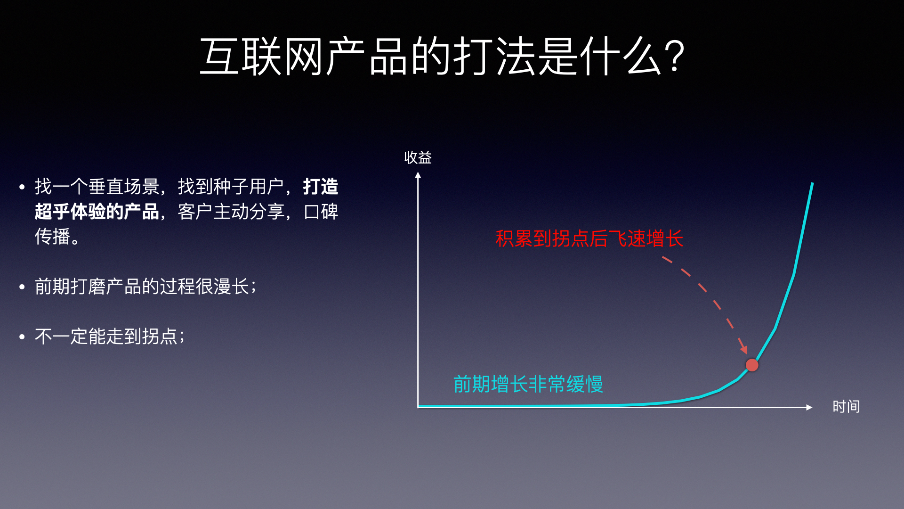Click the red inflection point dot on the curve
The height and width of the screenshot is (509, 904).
tap(752, 365)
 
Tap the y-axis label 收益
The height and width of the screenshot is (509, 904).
tap(418, 157)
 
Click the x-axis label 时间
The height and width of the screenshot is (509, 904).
tap(846, 406)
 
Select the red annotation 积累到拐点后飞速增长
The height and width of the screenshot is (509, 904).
tap(589, 238)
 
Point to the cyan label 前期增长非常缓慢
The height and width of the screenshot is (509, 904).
tap(528, 384)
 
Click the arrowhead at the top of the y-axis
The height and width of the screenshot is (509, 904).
tap(418, 175)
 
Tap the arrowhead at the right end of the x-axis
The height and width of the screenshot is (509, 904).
tap(809, 407)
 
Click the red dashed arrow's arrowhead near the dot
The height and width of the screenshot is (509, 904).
tap(744, 350)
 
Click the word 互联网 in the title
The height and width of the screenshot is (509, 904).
tap(262, 57)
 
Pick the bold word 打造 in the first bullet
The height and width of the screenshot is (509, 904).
tap(321, 187)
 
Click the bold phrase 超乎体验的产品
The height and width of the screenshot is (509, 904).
tap(97, 212)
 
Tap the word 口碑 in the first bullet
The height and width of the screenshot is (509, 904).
tap(321, 212)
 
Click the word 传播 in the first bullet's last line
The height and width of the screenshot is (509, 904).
tap(52, 237)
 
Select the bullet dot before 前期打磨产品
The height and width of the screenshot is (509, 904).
tap(22, 287)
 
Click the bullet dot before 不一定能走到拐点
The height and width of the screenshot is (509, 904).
tap(22, 337)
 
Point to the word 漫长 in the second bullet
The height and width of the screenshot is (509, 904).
tap(231, 287)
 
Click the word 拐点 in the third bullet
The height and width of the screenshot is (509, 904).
tap(160, 337)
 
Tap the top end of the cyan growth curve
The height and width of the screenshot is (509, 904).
tap(812, 183)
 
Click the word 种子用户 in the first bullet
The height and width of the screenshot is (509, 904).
tap(249, 187)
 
